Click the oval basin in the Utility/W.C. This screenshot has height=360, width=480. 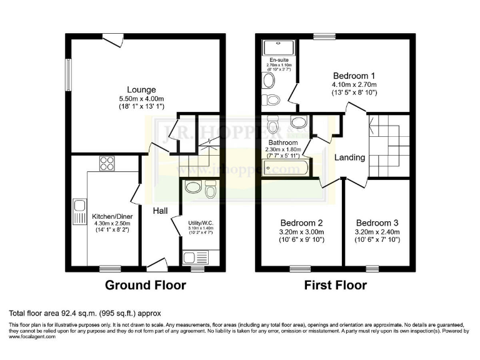tap(194, 187)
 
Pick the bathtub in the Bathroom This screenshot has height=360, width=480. tap(284, 167)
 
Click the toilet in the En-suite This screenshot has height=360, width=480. tap(272, 100)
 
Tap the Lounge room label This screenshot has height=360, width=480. tap(142, 89)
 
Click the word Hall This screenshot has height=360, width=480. tap(160, 212)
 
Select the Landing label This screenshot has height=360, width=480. tap(349, 157)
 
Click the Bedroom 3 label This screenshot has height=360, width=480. tap(377, 222)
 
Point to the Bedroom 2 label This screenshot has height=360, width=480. tap(301, 222)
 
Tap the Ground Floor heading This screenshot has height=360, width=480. tap(145, 286)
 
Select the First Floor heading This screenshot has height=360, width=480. tap(335, 286)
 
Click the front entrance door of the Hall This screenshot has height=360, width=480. tap(156, 263)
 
